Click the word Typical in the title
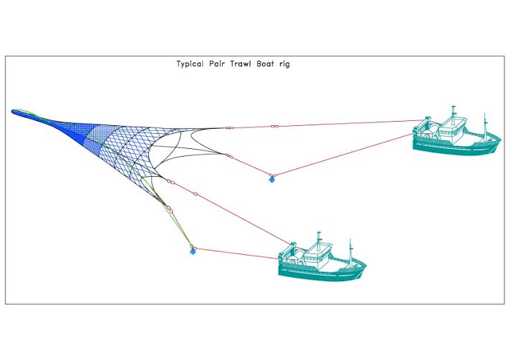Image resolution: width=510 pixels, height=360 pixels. [x=191, y=64]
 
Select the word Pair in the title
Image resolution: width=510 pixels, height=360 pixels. [x=218, y=64]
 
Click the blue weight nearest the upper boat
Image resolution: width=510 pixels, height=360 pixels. [x=271, y=178]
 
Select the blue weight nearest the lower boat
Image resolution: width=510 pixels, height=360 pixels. [x=192, y=250]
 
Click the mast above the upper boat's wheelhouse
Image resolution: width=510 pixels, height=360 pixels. [x=453, y=112]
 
